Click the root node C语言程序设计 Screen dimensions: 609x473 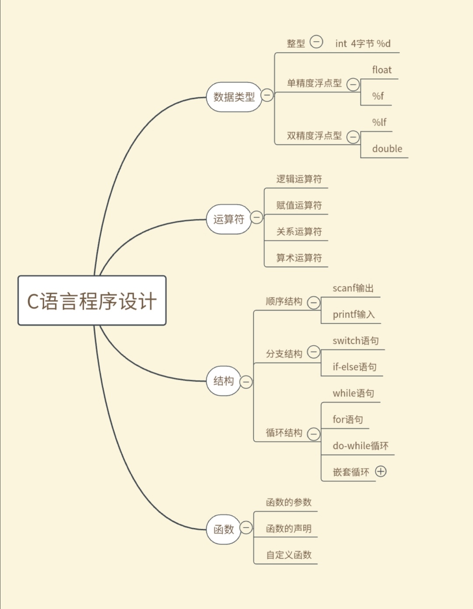click(x=92, y=301)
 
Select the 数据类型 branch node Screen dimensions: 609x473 click(x=234, y=97)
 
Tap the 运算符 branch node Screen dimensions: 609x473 click(x=229, y=219)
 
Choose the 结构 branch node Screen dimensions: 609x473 click(x=224, y=381)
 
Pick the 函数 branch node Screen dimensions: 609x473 click(x=224, y=529)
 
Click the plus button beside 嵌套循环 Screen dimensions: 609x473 click(x=381, y=471)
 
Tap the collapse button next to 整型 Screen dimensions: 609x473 click(x=316, y=42)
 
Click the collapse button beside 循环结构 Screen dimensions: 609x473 click(x=314, y=434)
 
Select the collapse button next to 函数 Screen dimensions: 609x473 click(x=246, y=528)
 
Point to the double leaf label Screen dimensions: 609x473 click(x=387, y=149)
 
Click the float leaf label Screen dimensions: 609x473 click(x=382, y=70)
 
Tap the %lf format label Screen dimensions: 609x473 click(x=379, y=123)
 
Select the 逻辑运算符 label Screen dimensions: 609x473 click(x=299, y=179)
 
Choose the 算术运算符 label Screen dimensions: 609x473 click(x=299, y=258)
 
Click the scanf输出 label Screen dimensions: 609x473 click(x=353, y=288)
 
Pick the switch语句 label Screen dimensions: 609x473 click(x=356, y=341)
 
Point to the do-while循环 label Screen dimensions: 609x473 click(x=360, y=446)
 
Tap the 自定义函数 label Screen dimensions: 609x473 click(x=289, y=555)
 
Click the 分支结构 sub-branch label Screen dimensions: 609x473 click(x=284, y=354)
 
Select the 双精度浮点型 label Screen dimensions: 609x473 click(x=314, y=136)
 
